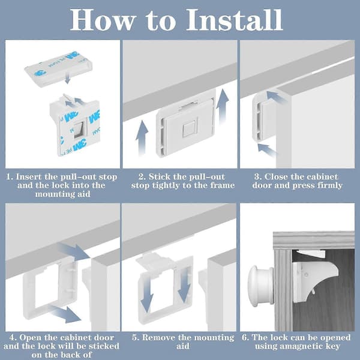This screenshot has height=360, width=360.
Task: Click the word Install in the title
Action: pos(235,20)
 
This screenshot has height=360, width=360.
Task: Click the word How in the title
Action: pos(102,20)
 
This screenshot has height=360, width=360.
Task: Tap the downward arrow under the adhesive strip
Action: pos(67,78)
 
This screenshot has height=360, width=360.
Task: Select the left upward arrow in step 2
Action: pos(142,139)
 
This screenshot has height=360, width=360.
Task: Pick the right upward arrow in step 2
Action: pos(222,107)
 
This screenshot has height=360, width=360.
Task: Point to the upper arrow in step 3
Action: pos(277,97)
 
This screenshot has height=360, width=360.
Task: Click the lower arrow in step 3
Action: pos(268,151)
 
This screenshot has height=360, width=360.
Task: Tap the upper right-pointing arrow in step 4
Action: pos(74,251)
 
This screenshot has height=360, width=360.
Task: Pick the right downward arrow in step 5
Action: pos(184,284)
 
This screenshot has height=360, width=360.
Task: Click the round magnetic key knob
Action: pos(262,286)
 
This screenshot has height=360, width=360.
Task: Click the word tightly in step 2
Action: pos(168,185)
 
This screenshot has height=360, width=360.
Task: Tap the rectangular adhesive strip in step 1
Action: pos(59,70)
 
